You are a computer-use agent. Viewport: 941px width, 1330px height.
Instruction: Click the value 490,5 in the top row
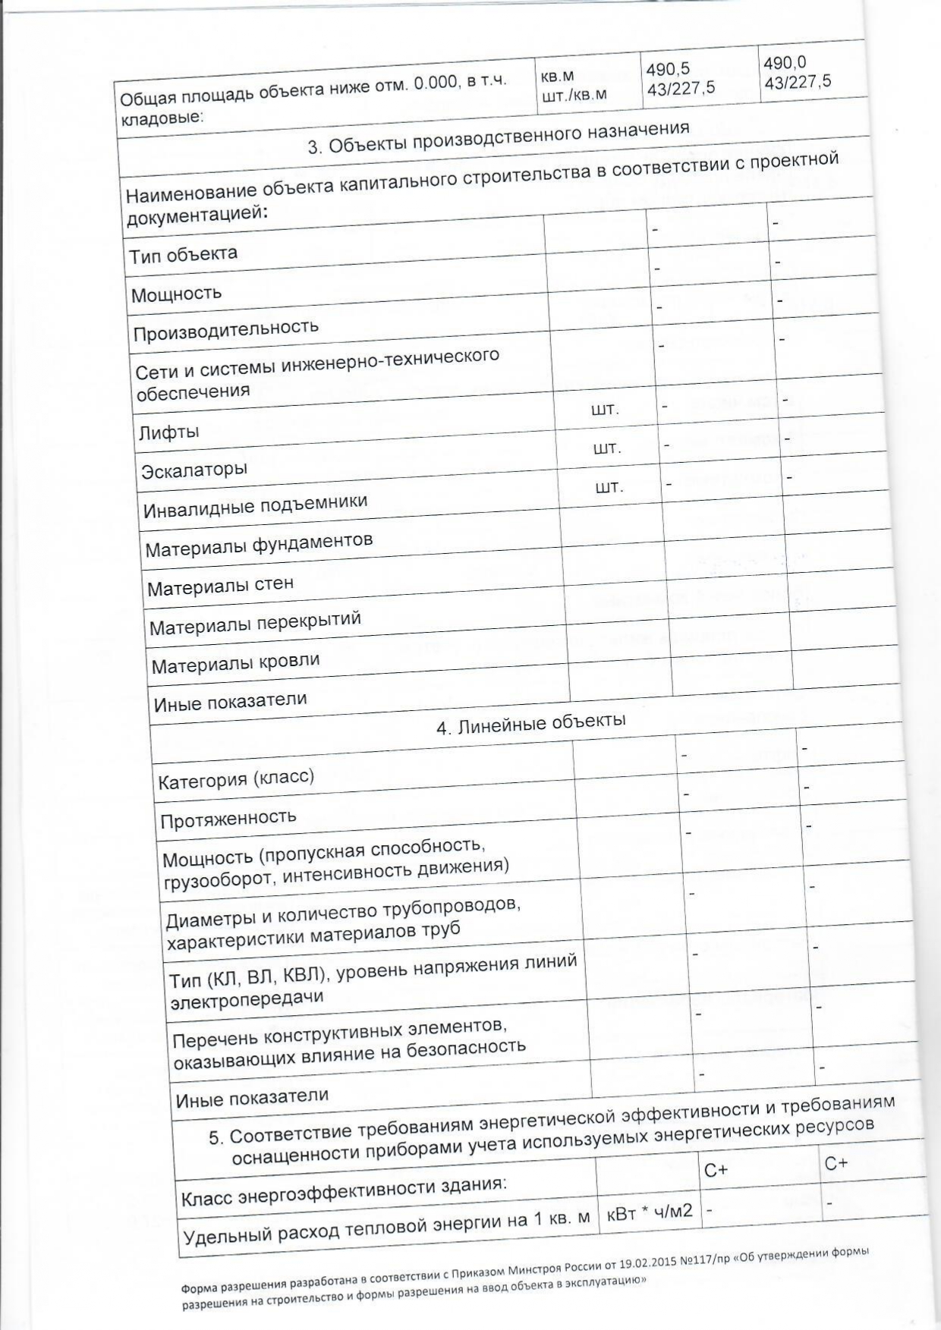pos(668,69)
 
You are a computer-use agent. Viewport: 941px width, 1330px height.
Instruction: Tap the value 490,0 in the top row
pos(785,63)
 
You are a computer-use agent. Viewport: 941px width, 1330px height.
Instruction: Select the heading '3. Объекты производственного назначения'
pos(499,137)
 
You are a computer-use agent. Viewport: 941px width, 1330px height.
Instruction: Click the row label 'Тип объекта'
pos(183,254)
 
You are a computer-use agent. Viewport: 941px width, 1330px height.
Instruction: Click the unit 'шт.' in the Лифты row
pos(605,410)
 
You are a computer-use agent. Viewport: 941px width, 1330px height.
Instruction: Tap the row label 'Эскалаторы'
pos(194,470)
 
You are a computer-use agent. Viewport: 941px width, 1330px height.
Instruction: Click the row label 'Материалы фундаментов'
pos(259,545)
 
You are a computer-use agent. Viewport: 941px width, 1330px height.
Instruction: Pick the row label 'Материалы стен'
pos(220,586)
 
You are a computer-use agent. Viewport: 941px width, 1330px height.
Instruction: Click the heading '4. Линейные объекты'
pos(530,723)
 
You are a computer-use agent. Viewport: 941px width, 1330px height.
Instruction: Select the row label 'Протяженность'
pos(228,818)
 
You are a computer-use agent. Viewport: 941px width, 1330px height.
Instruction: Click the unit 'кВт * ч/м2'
pos(650,1210)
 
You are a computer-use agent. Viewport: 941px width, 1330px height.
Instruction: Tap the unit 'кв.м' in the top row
pos(557,77)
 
